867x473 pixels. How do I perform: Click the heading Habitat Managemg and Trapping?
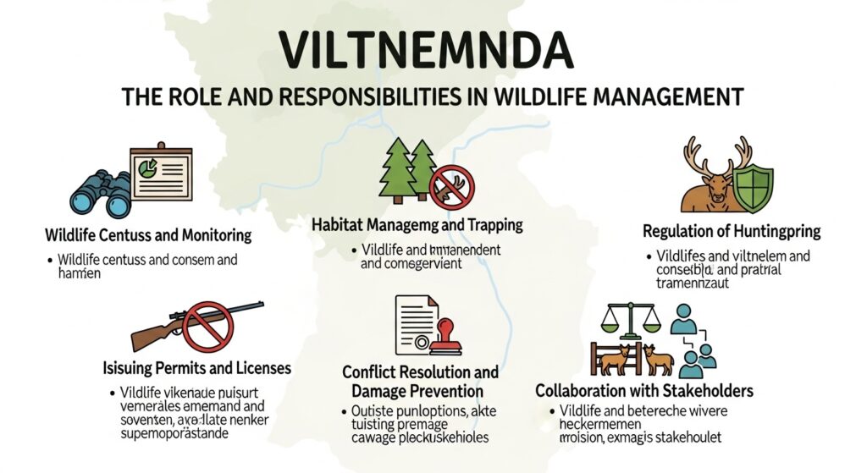[x=417, y=226]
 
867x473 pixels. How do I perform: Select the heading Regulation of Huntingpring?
[x=732, y=231]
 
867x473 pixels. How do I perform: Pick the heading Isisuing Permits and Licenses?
[x=196, y=369]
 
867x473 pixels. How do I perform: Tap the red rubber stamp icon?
[x=442, y=338]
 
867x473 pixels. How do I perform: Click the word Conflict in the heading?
[x=370, y=371]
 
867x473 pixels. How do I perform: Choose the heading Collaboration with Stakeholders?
[x=644, y=392]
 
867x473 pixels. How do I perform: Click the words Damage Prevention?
[x=417, y=391]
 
